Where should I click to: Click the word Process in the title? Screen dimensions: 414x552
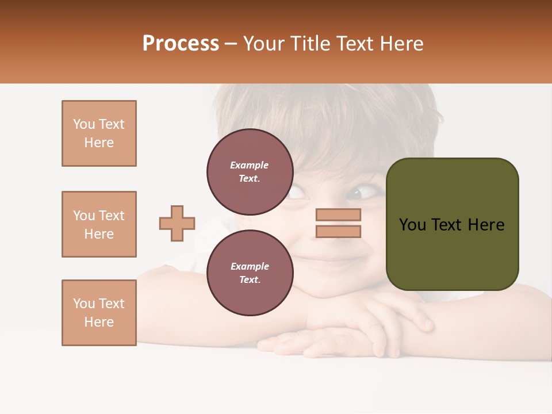tap(181, 44)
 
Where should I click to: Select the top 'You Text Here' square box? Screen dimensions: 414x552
tap(99, 133)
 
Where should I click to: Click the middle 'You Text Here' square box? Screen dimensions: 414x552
tap(99, 224)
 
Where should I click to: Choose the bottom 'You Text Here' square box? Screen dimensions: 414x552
tap(99, 313)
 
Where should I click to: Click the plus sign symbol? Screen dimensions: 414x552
tap(177, 223)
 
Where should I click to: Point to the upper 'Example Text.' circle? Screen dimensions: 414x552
tap(250, 171)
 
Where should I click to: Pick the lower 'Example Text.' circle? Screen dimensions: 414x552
tap(250, 273)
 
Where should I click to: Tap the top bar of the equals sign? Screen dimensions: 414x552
tap(338, 214)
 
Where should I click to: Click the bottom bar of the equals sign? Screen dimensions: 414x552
tap(338, 232)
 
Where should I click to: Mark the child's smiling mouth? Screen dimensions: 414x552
tap(334, 262)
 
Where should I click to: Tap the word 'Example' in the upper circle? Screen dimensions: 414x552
tap(249, 165)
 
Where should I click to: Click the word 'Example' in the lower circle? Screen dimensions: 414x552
tap(250, 266)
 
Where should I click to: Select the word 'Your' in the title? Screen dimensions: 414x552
tap(263, 44)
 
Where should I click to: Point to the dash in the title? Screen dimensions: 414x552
tap(231, 44)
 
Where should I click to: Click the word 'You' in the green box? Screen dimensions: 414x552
tap(412, 225)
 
